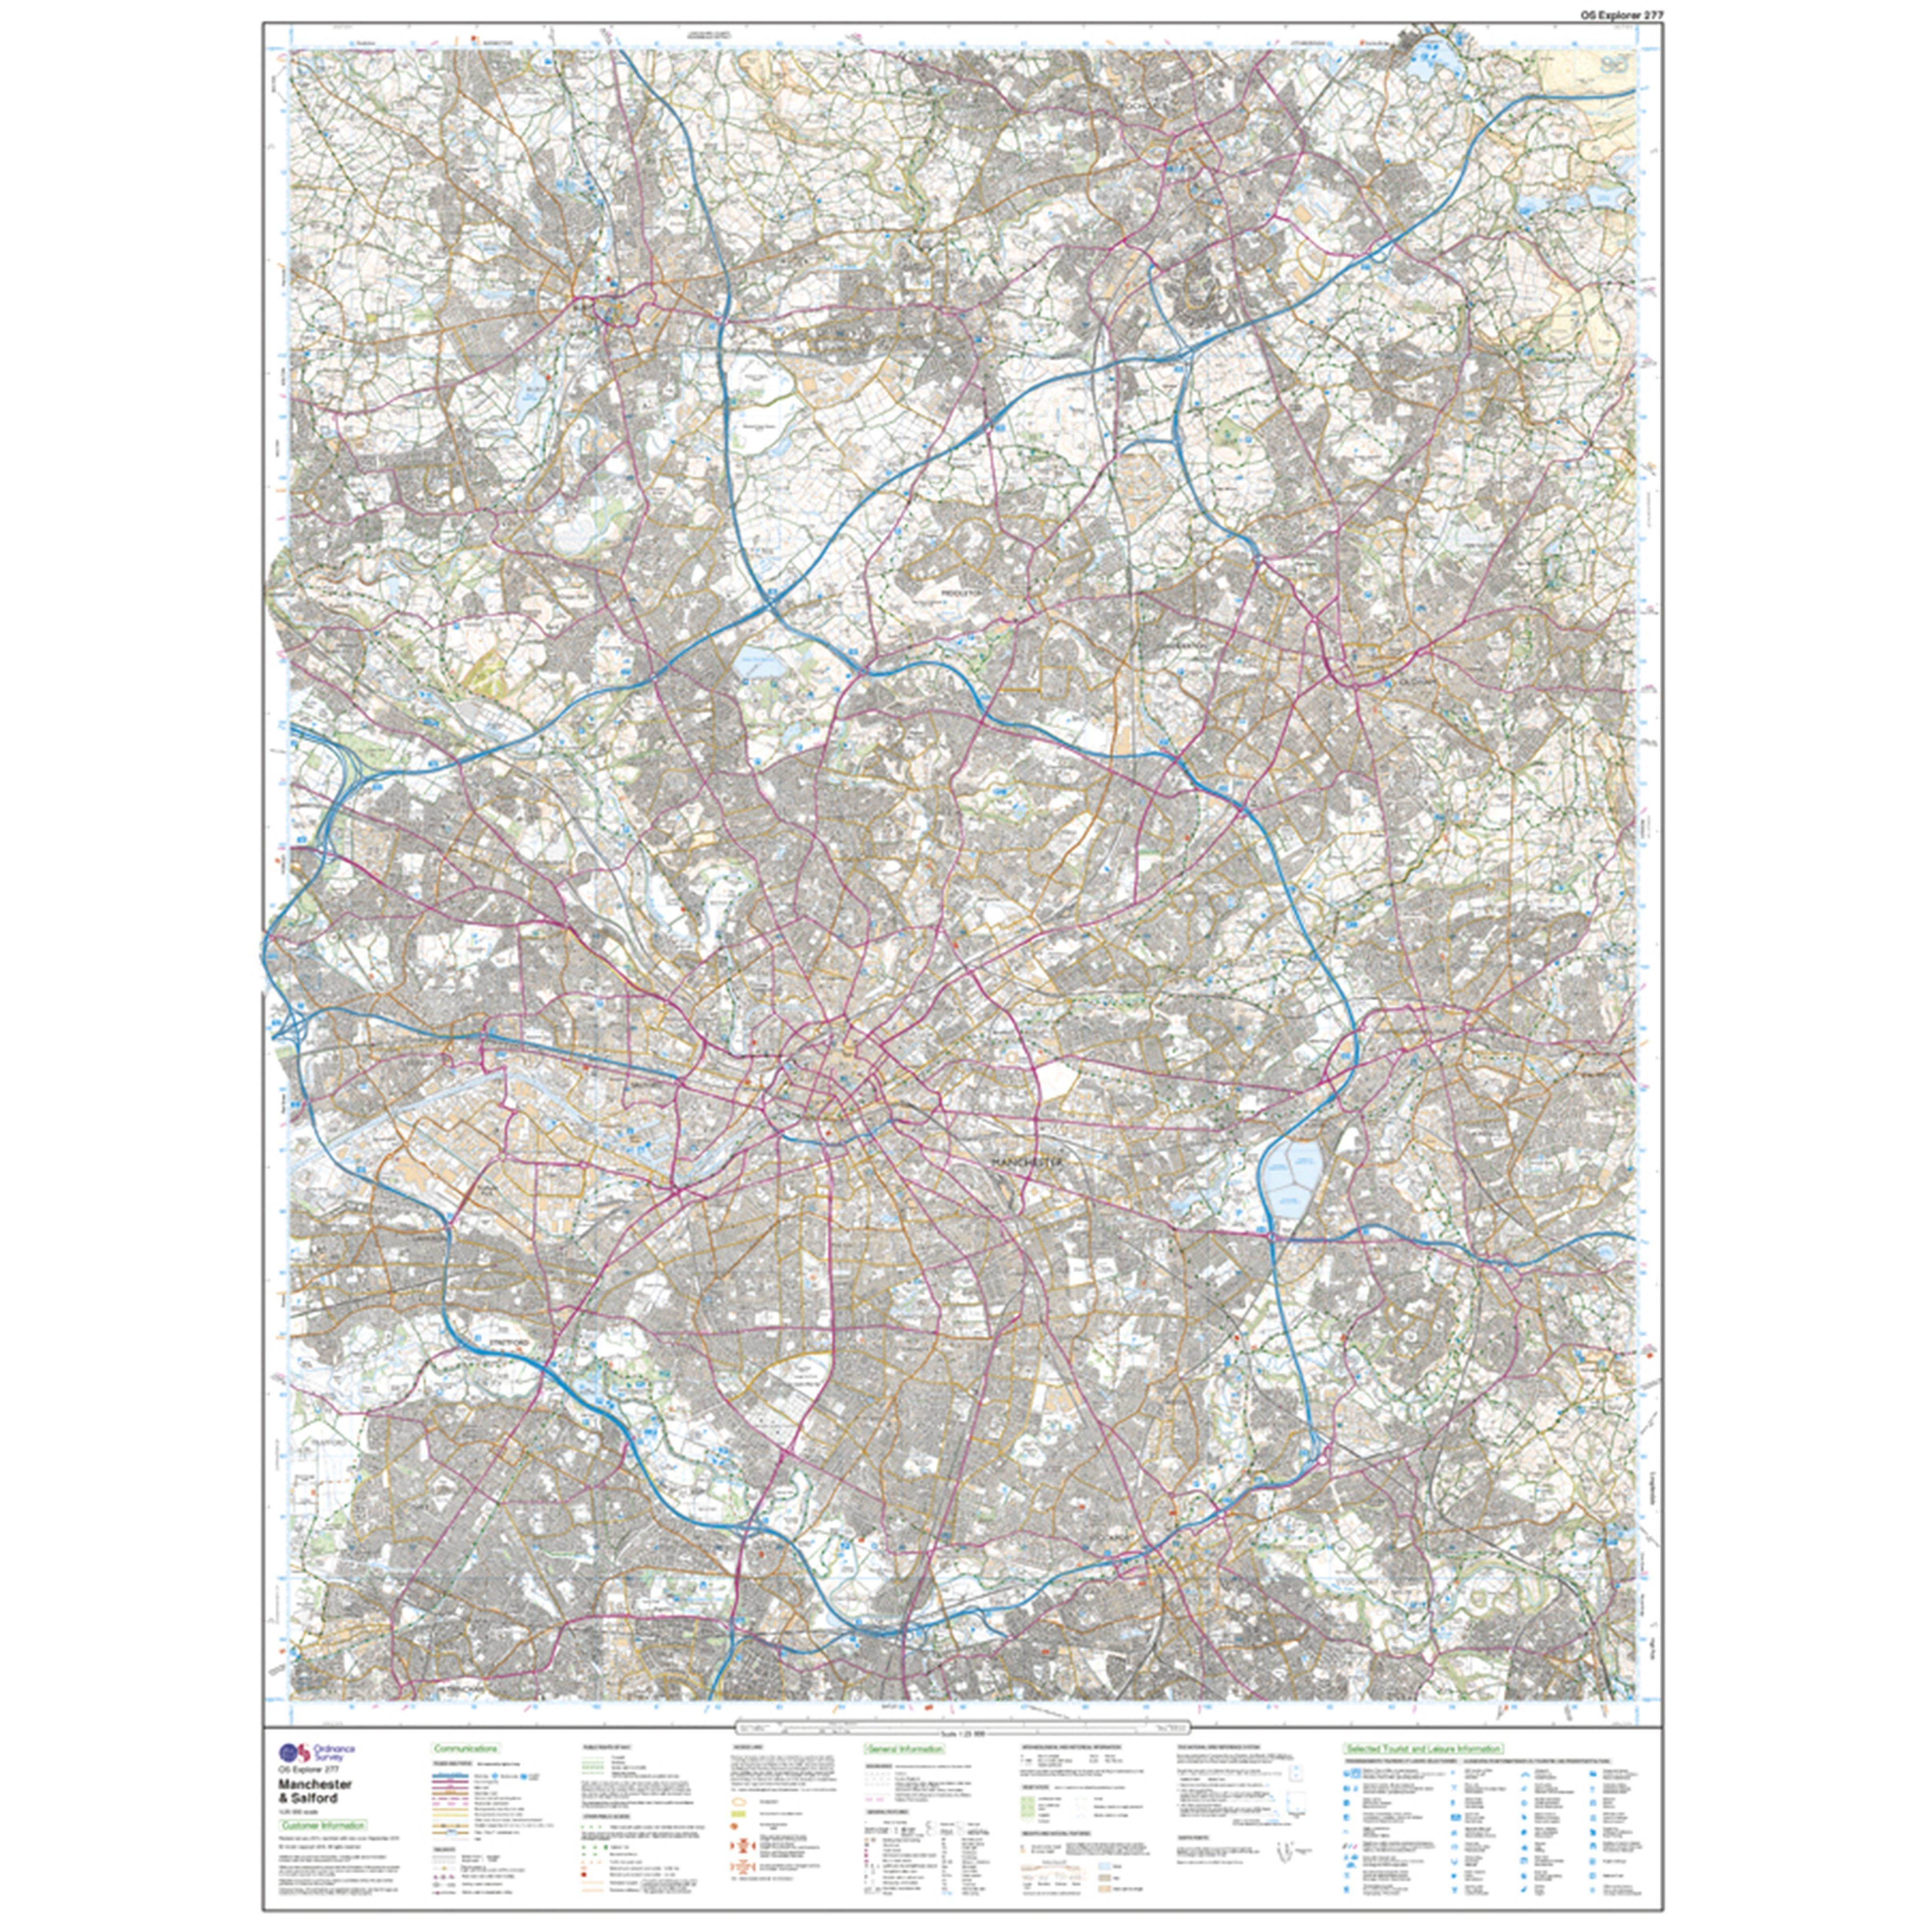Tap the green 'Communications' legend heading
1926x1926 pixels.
(x=466, y=1748)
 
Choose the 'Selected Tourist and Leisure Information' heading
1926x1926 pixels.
(x=1424, y=1748)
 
